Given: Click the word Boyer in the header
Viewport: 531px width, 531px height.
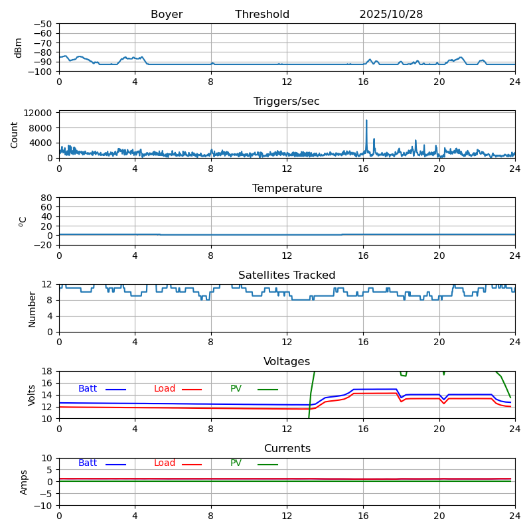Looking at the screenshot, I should tap(167, 15).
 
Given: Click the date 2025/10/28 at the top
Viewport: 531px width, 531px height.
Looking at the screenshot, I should tap(391, 15).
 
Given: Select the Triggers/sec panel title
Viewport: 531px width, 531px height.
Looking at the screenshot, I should tap(287, 102).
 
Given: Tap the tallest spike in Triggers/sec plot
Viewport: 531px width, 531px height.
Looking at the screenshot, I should tap(366, 121).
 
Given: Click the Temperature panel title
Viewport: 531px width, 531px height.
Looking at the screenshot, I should tap(287, 189).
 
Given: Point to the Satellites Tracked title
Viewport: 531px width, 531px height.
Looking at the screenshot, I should tap(287, 275).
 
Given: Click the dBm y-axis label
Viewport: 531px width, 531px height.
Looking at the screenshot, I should tap(19, 48).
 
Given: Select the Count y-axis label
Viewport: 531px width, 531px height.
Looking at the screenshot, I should tap(15, 135).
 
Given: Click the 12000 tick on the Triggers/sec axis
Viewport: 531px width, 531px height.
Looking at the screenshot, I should tap(39, 114).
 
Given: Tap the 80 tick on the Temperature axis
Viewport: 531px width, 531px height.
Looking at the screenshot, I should tap(46, 198).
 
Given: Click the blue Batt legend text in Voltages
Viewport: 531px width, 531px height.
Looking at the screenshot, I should tap(88, 389).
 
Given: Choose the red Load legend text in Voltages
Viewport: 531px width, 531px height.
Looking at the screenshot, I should tap(165, 389).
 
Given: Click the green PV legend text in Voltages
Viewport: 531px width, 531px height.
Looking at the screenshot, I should tap(236, 389).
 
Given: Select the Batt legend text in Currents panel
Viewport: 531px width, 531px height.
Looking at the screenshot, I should tap(88, 463).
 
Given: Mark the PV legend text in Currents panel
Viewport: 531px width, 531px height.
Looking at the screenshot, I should tap(236, 463).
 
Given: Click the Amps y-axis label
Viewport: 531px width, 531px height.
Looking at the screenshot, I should tap(24, 482).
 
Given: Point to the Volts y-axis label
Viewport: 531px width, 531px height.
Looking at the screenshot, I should tap(32, 395).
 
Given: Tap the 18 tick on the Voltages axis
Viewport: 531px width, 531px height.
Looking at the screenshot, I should tap(46, 372).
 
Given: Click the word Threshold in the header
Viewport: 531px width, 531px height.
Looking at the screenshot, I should tap(262, 15).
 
